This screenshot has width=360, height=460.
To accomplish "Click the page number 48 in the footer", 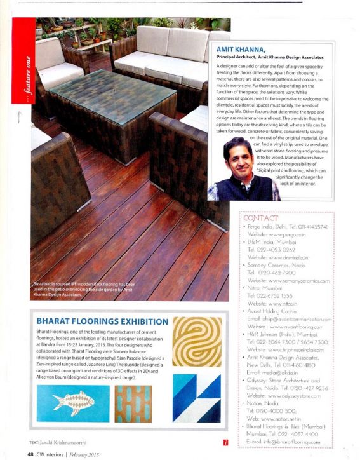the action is click(30, 454).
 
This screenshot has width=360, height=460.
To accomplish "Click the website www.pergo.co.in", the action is click(279, 234).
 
